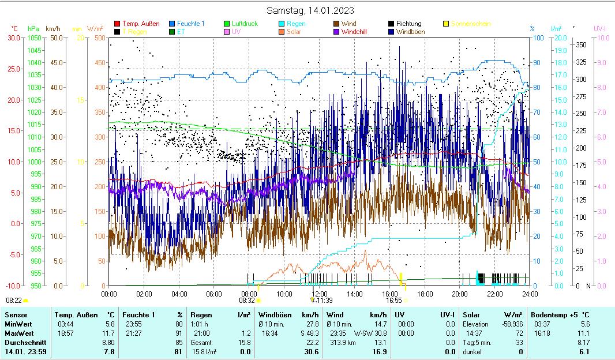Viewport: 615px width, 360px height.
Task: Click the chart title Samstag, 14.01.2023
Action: tap(311, 10)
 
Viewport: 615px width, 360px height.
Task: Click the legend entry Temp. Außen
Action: tap(141, 24)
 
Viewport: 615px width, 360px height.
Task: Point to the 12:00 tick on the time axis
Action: tap(320, 293)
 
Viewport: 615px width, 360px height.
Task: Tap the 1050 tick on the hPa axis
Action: tap(34, 37)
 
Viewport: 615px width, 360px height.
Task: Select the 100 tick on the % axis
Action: tap(537, 37)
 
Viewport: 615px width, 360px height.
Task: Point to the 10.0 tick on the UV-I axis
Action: tap(603, 37)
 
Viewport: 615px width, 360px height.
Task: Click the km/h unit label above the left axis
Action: tap(52, 28)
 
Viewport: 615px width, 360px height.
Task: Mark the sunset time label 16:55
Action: tap(394, 301)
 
